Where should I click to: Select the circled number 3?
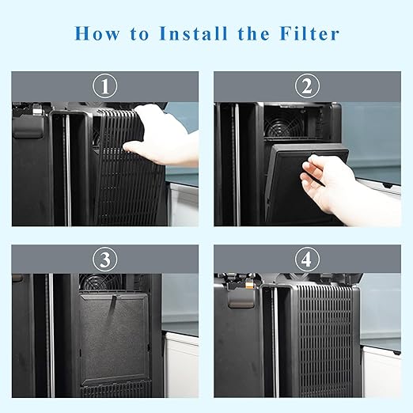pos(104,260)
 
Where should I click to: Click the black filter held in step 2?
pos(297,186)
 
